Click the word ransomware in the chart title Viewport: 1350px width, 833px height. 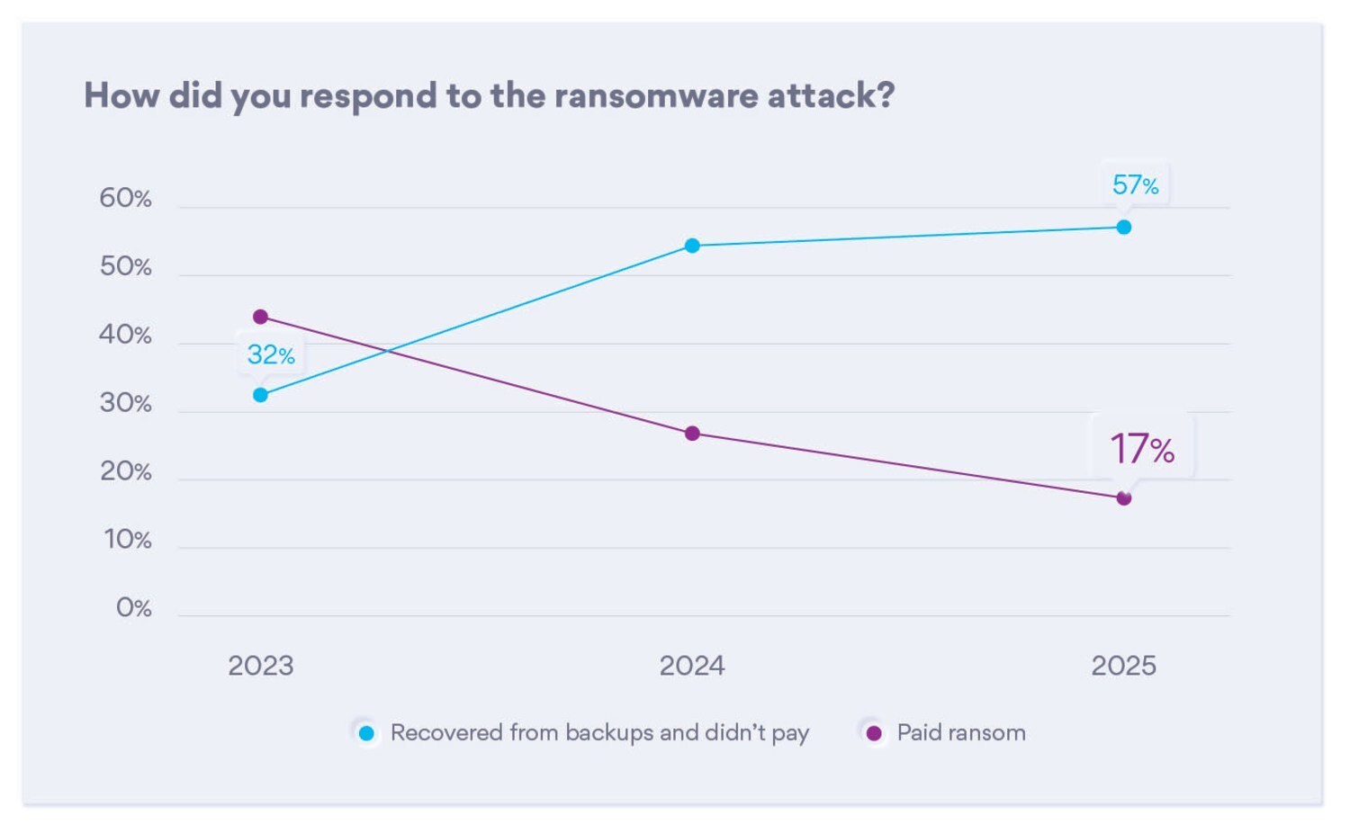(x=655, y=95)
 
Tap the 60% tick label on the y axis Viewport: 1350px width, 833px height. (x=125, y=198)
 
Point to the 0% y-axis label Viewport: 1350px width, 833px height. (x=133, y=608)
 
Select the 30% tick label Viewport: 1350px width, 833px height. (x=125, y=403)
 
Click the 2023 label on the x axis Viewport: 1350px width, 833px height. (x=260, y=666)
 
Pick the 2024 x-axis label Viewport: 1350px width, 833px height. (x=691, y=666)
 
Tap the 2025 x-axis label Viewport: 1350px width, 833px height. (x=1123, y=666)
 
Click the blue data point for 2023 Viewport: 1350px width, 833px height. (x=260, y=395)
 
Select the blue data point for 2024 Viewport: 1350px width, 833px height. (x=692, y=246)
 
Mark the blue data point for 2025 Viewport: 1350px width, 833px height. (x=1124, y=228)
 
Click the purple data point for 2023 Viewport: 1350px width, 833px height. (x=260, y=317)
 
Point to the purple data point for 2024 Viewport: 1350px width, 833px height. (x=692, y=434)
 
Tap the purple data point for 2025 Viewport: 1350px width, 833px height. (x=1124, y=498)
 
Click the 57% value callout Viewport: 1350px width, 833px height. (x=1135, y=185)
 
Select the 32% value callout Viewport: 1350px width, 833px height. (x=270, y=355)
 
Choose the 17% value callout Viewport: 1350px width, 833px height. (x=1141, y=448)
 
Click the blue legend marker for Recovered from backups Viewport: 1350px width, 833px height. (x=366, y=733)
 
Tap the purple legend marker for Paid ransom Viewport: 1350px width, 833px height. (x=873, y=733)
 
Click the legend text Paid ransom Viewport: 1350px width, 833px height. (x=961, y=733)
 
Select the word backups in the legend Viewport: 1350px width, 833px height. (x=609, y=733)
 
